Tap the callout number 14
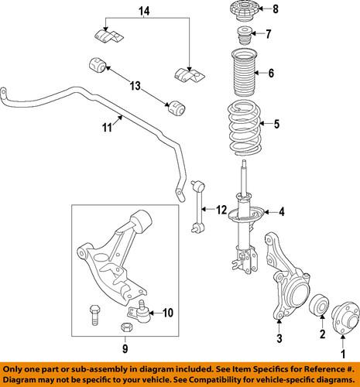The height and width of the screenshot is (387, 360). [x=142, y=12]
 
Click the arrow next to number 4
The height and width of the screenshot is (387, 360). [x=269, y=211]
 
